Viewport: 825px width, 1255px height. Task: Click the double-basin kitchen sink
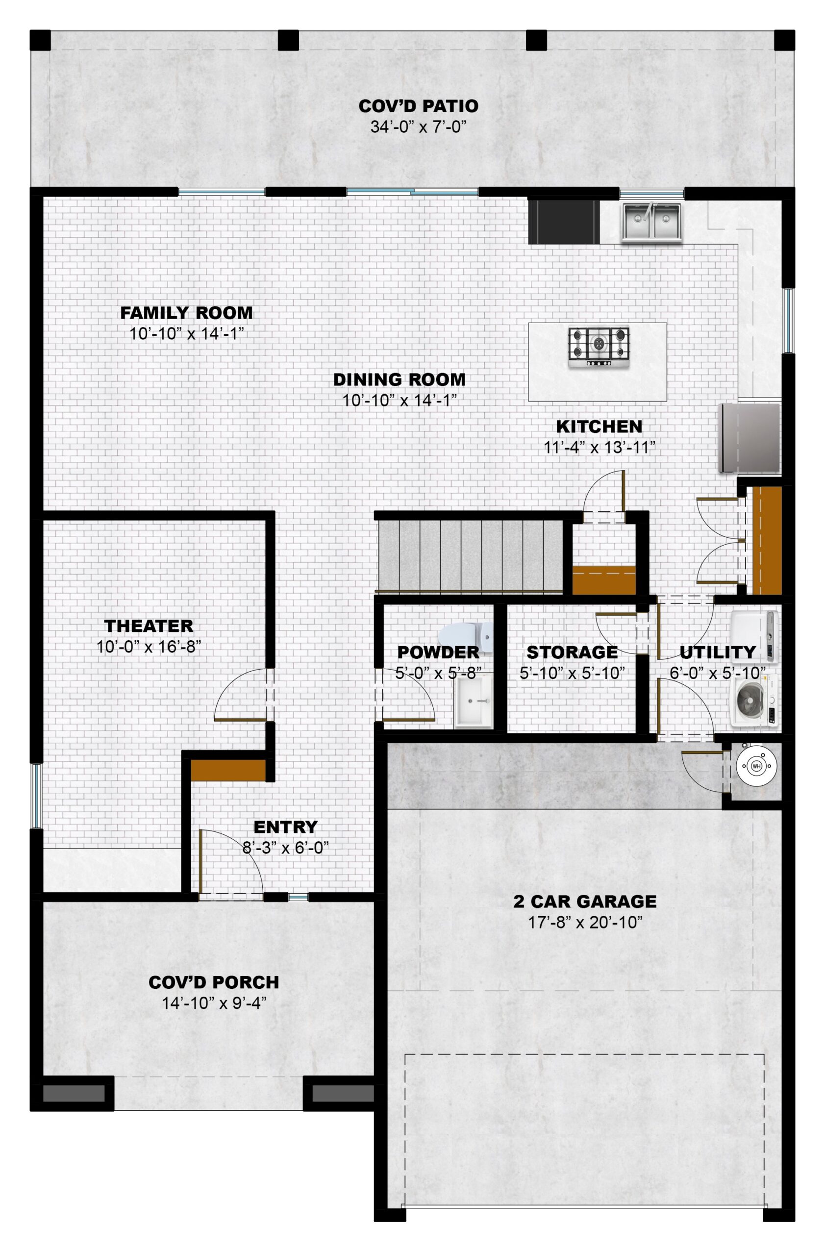point(652,221)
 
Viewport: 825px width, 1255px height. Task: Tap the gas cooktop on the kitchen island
point(599,347)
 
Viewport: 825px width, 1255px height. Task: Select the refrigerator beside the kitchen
point(749,437)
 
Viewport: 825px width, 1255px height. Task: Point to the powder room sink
point(473,701)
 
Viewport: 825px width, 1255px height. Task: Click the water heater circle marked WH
point(756,765)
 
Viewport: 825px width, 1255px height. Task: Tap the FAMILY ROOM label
point(186,313)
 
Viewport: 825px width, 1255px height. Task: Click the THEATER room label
point(149,626)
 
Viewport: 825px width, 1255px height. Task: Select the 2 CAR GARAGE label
point(585,901)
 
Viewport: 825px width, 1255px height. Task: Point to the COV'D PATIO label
point(419,106)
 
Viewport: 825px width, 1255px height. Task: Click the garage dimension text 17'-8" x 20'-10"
point(585,923)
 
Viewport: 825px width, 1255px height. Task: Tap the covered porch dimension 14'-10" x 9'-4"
point(214,1003)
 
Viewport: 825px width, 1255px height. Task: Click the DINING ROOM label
point(399,379)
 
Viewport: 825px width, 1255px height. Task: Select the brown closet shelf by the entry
point(228,770)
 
